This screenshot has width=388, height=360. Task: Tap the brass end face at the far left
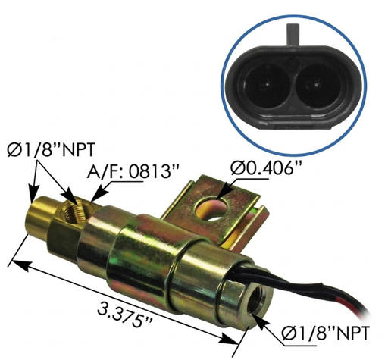[x=34, y=216]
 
